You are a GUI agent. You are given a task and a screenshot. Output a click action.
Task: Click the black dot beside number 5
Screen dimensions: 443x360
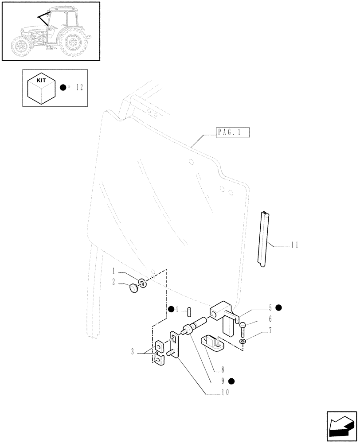[x=278, y=307]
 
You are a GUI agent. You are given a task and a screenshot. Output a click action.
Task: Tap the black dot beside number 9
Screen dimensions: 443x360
[x=231, y=380]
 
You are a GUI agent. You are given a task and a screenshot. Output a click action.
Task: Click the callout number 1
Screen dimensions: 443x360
[x=114, y=271]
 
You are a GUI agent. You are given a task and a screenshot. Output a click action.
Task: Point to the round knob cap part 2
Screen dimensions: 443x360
[x=133, y=288]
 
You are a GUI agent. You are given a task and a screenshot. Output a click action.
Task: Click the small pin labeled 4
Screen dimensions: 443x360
[x=189, y=311]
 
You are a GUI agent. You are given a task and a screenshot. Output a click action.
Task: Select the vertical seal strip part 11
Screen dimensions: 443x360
[x=265, y=239]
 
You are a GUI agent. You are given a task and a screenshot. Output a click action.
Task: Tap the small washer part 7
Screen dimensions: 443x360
[x=242, y=342]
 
